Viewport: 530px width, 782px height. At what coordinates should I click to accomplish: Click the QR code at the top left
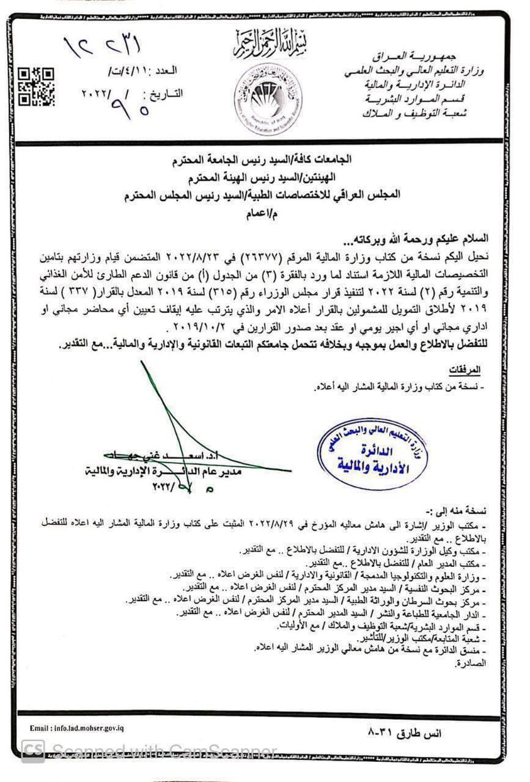click(x=36, y=87)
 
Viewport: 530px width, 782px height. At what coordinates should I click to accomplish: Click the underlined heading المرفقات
click(x=464, y=371)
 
